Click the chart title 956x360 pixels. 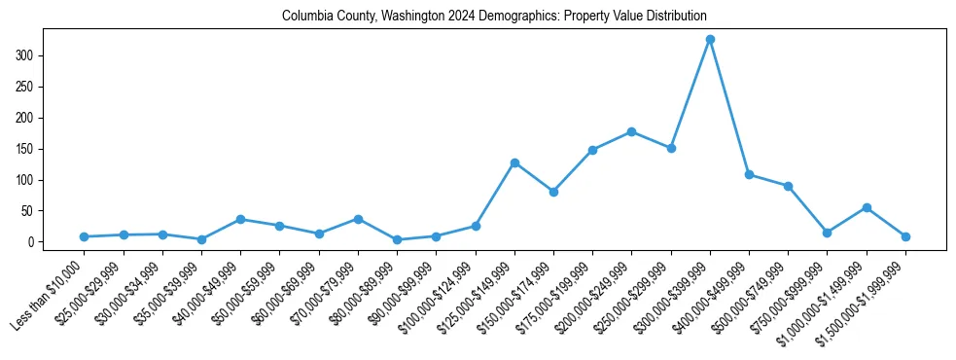pyautogui.click(x=494, y=17)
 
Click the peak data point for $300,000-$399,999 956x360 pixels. pyautogui.click(x=710, y=40)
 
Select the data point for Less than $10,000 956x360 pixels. pyautogui.click(x=85, y=236)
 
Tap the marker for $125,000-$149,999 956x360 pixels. pyautogui.click(x=514, y=162)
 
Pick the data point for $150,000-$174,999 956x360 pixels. pyautogui.click(x=553, y=192)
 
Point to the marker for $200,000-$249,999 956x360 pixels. pyautogui.click(x=632, y=131)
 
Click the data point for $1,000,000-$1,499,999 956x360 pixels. pyautogui.click(x=867, y=207)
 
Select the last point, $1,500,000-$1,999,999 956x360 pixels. pyautogui.click(x=905, y=236)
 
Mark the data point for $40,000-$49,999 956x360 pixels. pyautogui.click(x=240, y=219)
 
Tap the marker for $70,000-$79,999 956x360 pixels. pyautogui.click(x=358, y=219)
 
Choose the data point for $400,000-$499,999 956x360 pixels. pyautogui.click(x=749, y=174)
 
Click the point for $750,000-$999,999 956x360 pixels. pyautogui.click(x=827, y=233)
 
